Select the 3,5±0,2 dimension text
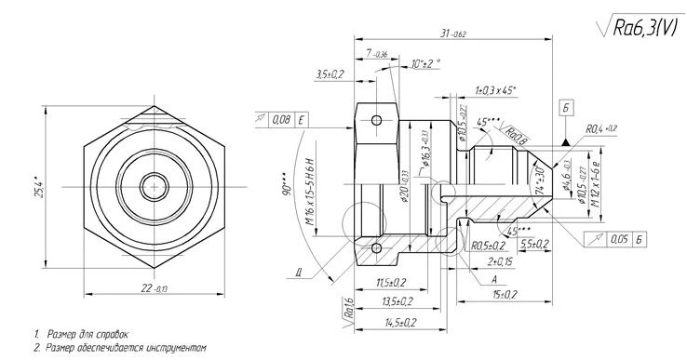pos(330,73)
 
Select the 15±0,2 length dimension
pos(504,294)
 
